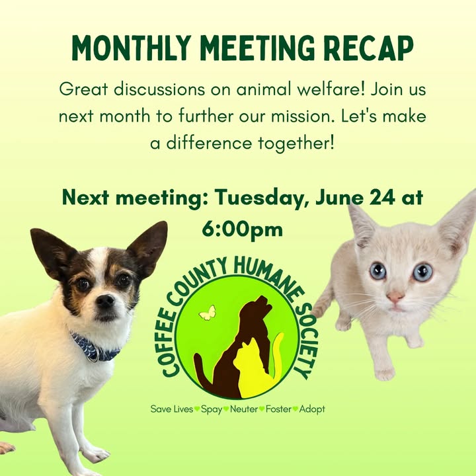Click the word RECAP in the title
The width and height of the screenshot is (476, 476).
pyautogui.click(x=368, y=48)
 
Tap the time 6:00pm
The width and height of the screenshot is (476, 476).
pyautogui.click(x=242, y=229)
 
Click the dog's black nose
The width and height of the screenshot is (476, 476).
pyautogui.click(x=105, y=301)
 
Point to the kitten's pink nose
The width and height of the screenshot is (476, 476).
pyautogui.click(x=395, y=296)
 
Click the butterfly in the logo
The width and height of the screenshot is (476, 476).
pyautogui.click(x=208, y=313)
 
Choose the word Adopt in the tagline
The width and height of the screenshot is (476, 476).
pyautogui.click(x=312, y=409)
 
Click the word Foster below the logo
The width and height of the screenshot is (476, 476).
pyautogui.click(x=278, y=409)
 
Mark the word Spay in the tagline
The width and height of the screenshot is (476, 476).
pyautogui.click(x=212, y=409)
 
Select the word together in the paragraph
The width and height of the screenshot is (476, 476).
pyautogui.click(x=293, y=143)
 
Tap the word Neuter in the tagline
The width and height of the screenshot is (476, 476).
pyautogui.click(x=244, y=409)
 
